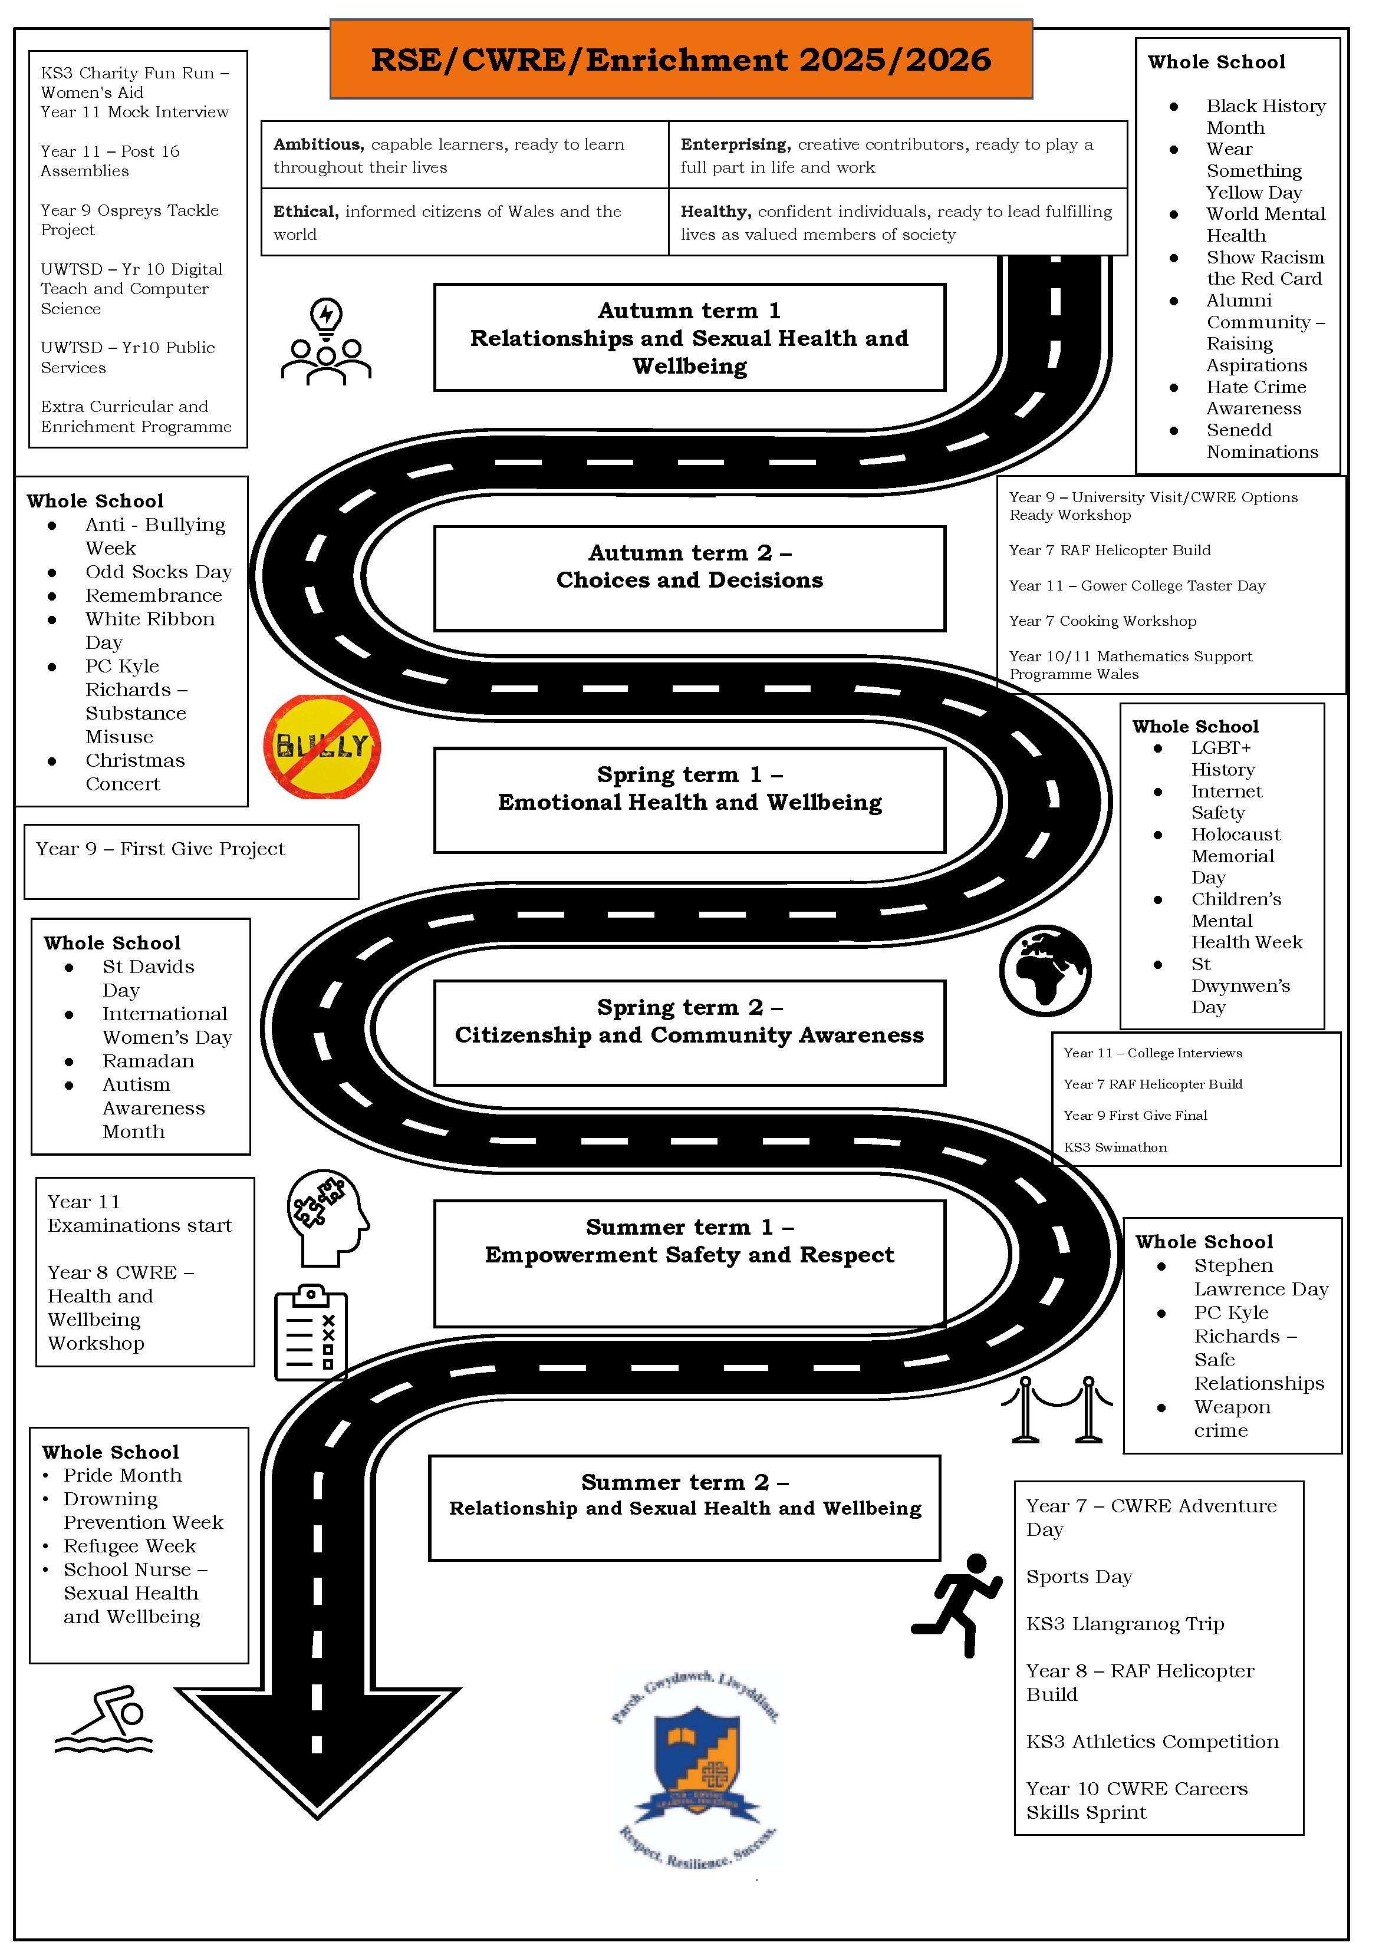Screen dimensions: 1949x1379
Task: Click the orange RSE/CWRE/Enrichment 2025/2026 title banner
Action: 681,60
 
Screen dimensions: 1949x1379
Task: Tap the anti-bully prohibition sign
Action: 322,747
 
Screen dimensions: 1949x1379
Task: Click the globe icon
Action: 1045,970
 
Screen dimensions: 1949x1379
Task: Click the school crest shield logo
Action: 696,1762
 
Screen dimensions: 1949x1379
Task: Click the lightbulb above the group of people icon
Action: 326,316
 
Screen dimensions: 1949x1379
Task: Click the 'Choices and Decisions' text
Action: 690,580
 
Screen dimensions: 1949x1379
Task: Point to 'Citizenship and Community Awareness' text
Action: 690,1035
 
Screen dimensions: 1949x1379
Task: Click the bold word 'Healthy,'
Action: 716,212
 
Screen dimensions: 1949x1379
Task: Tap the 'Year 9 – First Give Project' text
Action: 160,849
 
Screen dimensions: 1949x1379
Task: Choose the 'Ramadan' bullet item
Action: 149,1061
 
